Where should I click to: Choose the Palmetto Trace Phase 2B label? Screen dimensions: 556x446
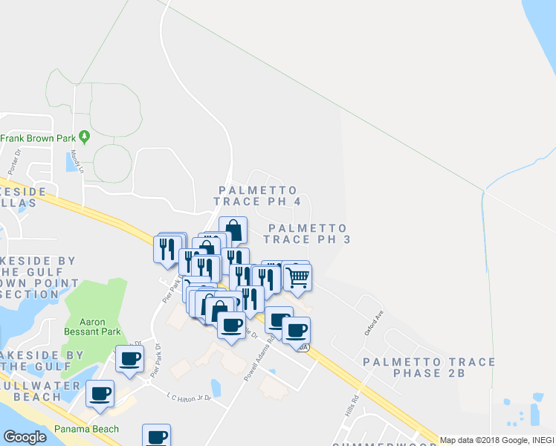coord(428,367)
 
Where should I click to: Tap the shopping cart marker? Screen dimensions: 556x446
coord(297,277)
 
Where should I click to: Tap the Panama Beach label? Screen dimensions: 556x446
coord(86,429)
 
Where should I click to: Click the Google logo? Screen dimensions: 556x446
coord(25,437)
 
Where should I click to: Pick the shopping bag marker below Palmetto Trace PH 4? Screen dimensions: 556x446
coord(233,230)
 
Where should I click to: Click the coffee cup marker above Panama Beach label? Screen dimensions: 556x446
coord(100,394)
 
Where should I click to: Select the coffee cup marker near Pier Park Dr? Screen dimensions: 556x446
coord(130,359)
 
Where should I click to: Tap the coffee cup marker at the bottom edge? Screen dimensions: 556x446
coord(156,436)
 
